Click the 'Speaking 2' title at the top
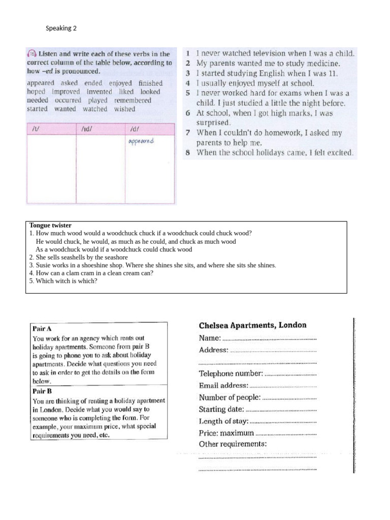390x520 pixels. coord(61,28)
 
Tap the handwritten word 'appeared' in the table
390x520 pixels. coord(141,141)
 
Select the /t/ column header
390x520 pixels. coord(35,129)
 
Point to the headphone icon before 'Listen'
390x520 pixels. coord(32,54)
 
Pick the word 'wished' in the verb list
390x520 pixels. coord(124,109)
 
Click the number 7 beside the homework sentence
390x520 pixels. coord(187,133)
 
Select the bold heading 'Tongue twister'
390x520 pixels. coord(50,225)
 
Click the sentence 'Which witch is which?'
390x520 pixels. coord(63,280)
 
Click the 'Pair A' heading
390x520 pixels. coord(43,329)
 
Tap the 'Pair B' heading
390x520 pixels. coord(43,392)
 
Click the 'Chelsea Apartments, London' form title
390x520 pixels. coord(252,325)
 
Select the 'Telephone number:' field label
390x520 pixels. coord(231,374)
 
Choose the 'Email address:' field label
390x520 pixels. coord(224,385)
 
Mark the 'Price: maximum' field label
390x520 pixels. coord(226,433)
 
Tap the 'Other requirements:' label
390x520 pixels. coord(233,444)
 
